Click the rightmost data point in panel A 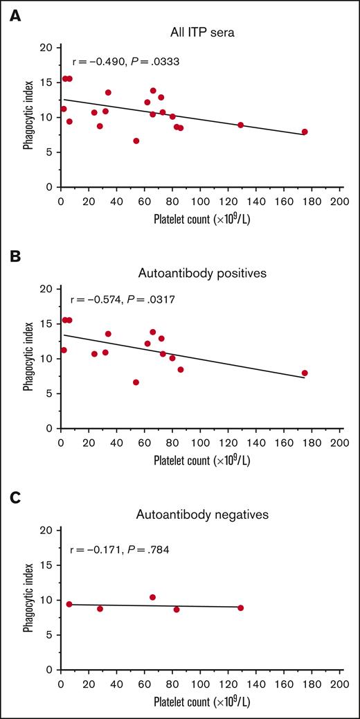click(305, 132)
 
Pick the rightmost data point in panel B click(305, 373)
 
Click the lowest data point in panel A click(136, 141)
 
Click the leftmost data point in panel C click(69, 604)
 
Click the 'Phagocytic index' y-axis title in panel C click(28, 601)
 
